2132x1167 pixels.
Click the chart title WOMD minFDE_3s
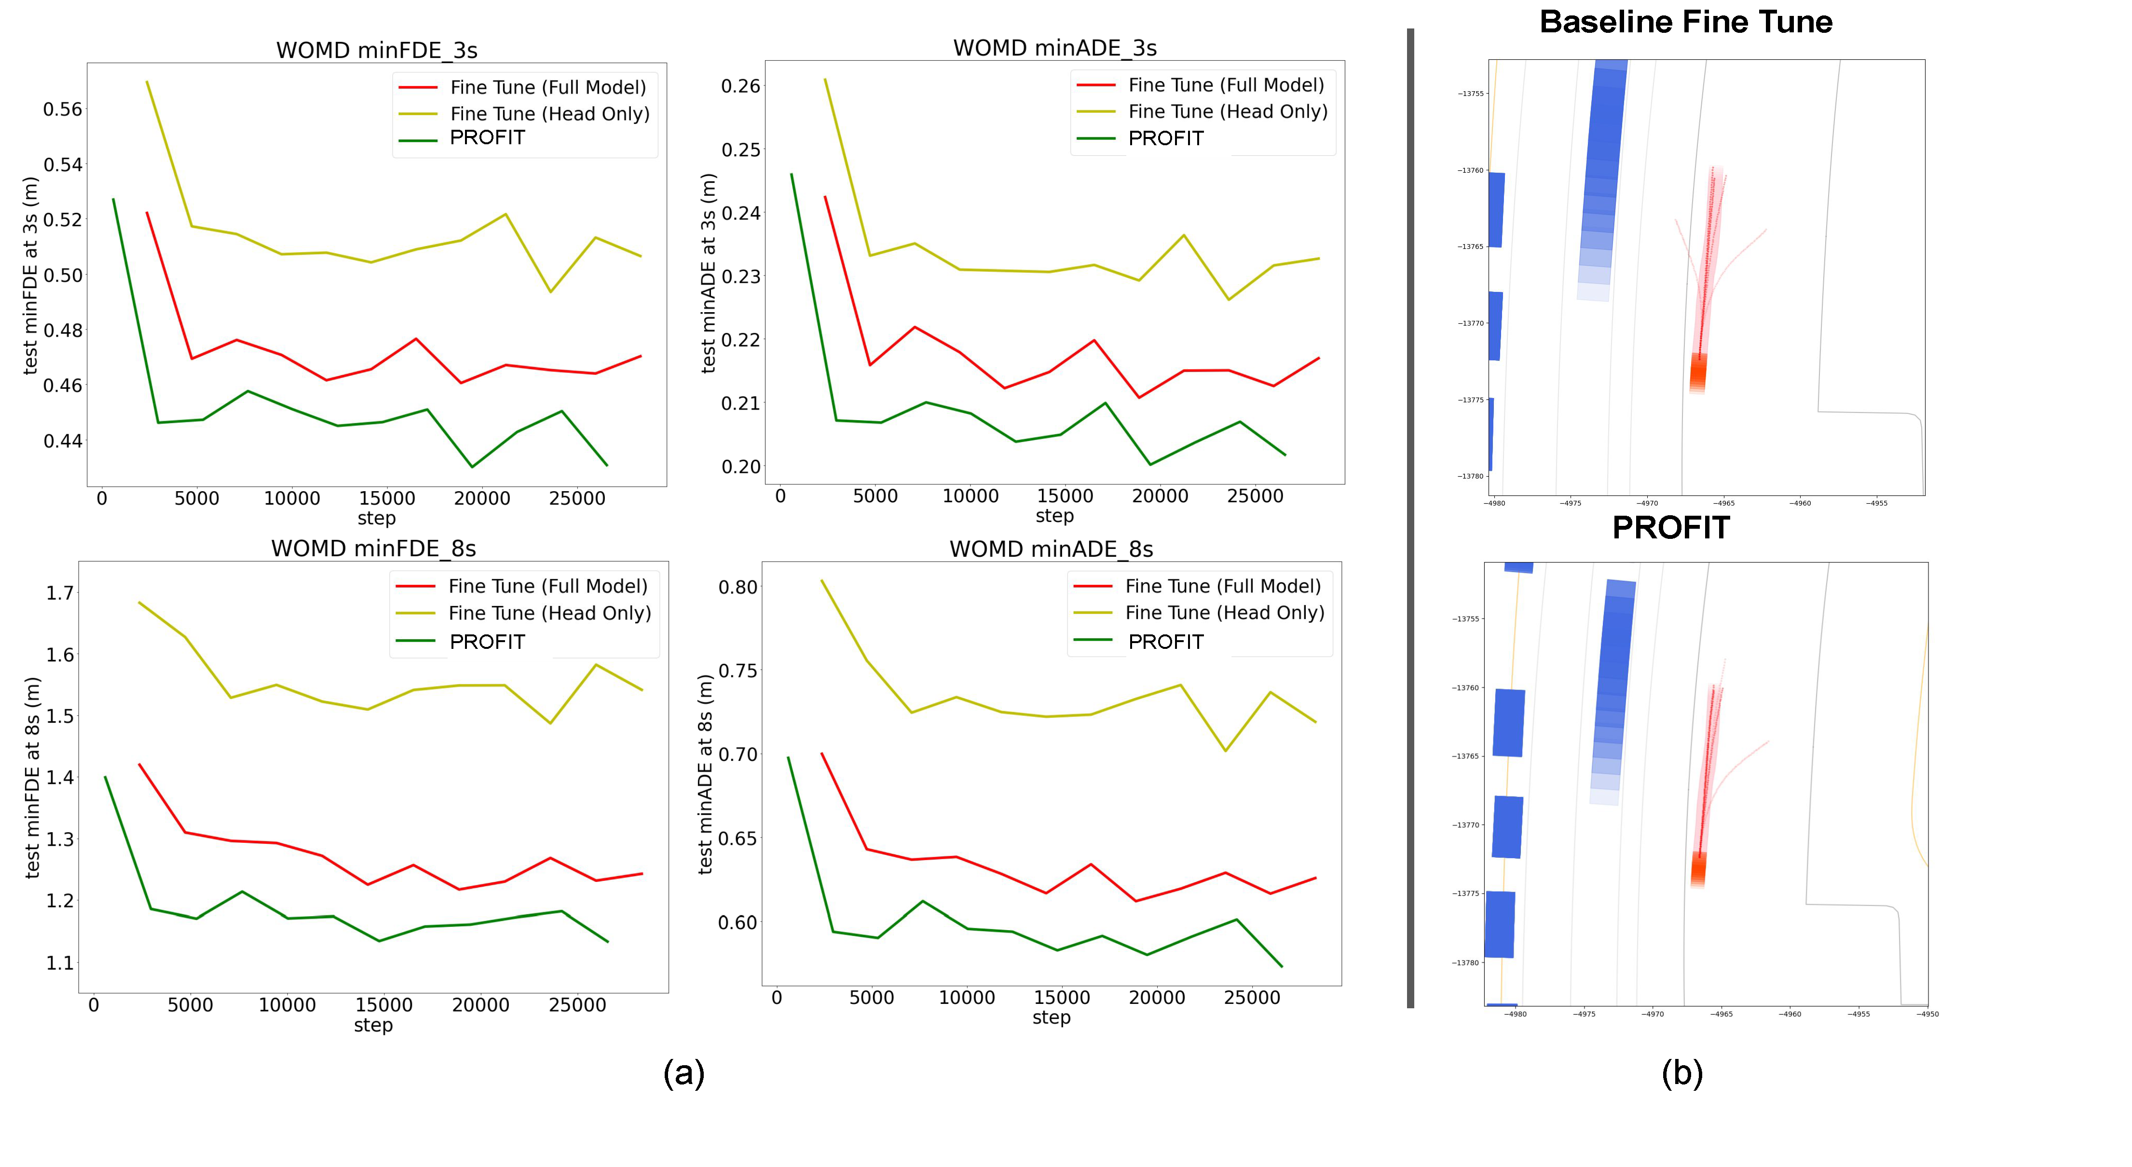[377, 51]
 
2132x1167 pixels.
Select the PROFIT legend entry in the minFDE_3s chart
[487, 138]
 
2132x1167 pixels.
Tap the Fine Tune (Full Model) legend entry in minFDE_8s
[547, 586]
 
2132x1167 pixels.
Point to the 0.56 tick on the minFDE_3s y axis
[63, 109]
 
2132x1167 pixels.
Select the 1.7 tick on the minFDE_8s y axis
[60, 592]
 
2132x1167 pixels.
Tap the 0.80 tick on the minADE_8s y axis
[738, 587]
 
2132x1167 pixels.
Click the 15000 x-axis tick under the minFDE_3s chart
[386, 498]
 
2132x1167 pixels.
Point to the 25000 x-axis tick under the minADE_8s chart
[1251, 997]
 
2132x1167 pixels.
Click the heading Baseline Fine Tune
[1685, 22]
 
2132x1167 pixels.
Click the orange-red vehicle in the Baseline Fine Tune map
[1697, 373]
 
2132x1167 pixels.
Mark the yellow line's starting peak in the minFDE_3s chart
[147, 82]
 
